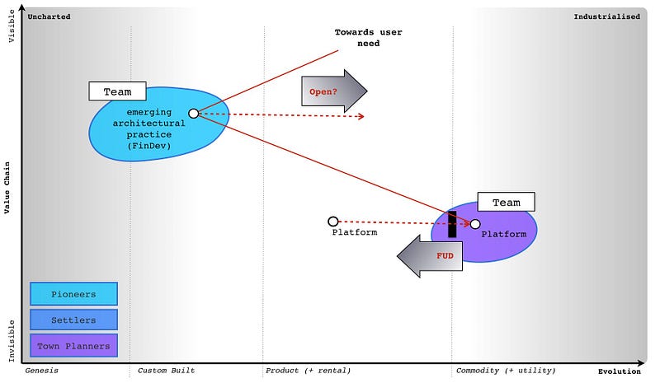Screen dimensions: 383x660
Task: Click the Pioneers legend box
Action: [73, 294]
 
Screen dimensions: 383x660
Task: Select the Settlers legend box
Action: [73, 320]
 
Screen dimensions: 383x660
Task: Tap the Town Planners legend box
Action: [73, 346]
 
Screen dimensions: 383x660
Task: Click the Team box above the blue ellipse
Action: [117, 91]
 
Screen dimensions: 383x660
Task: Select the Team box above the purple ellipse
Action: [506, 203]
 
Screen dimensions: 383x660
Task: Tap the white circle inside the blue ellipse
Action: [193, 114]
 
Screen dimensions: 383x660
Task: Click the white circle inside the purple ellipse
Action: [475, 224]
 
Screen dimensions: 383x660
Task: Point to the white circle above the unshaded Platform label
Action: [333, 222]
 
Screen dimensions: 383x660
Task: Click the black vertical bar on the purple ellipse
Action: [452, 225]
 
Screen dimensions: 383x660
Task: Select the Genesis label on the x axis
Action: [41, 371]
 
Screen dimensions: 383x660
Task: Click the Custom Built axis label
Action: [166, 371]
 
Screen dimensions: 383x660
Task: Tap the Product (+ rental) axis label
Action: [308, 371]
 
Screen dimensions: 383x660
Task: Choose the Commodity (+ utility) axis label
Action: [506, 371]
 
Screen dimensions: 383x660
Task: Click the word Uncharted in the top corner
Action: [49, 16]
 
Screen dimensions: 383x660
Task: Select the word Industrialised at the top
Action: [606, 16]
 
